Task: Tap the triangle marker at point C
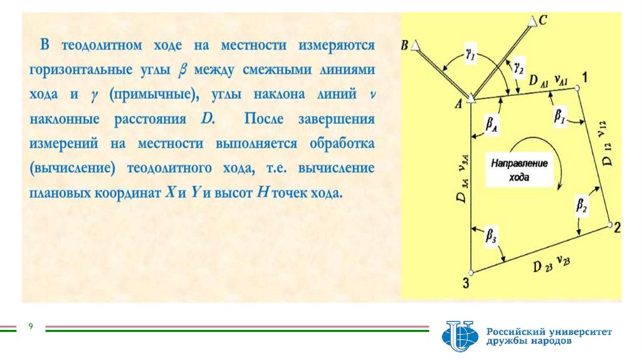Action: pyautogui.click(x=532, y=22)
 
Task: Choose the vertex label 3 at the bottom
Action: pyautogui.click(x=466, y=283)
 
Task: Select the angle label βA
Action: pyautogui.click(x=492, y=125)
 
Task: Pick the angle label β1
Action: pyautogui.click(x=559, y=115)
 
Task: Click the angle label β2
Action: pyautogui.click(x=582, y=204)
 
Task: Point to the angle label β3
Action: pyautogui.click(x=492, y=236)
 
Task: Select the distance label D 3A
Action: pyautogui.click(x=461, y=188)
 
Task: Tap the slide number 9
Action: pyautogui.click(x=30, y=326)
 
